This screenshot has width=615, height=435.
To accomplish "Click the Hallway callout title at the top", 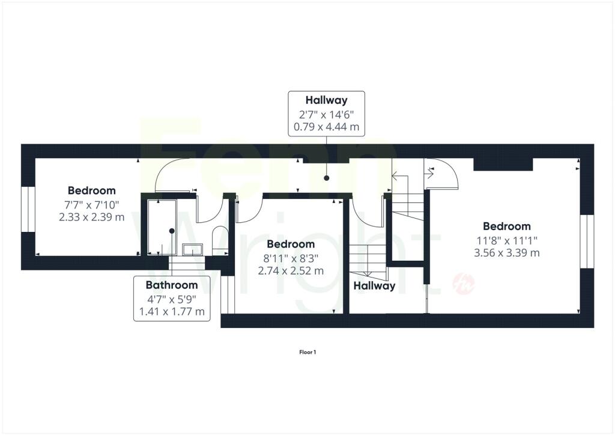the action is (x=326, y=100).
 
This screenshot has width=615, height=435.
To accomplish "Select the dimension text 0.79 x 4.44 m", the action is (x=326, y=127).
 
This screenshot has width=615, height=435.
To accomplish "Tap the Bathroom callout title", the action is (x=172, y=285).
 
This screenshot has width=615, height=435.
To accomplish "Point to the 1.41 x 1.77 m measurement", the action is (x=172, y=312).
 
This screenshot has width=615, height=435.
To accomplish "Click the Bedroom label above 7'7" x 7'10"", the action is (x=92, y=190).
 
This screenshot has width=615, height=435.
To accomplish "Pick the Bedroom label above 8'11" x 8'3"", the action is (x=291, y=244).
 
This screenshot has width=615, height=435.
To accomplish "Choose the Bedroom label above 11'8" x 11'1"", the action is (x=507, y=227).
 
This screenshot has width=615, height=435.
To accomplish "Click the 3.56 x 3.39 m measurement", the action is (x=507, y=253).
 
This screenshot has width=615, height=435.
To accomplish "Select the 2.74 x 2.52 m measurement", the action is (x=291, y=270).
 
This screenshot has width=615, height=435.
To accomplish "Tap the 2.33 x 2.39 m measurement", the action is (x=92, y=217).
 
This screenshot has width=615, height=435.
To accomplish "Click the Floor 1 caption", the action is (x=307, y=352).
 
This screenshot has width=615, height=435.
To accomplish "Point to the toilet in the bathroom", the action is (x=219, y=240).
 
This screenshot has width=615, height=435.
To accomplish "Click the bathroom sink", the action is (x=193, y=249).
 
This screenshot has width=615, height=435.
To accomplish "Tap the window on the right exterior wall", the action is (x=587, y=241).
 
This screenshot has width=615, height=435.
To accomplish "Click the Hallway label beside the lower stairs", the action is (x=374, y=286).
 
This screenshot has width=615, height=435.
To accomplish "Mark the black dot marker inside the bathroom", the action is (x=172, y=231).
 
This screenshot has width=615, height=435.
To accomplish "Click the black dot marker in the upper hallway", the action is (x=326, y=178).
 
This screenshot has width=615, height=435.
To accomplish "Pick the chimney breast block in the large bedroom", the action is (x=503, y=165).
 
